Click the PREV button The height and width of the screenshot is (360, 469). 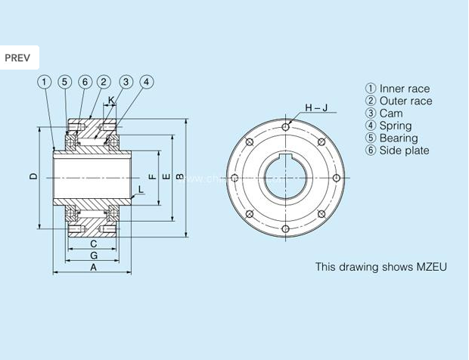[x=19, y=57]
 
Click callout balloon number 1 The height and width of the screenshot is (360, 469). [x=45, y=82]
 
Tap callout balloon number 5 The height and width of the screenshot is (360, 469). [x=64, y=82]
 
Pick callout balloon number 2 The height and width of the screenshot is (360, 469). [x=104, y=82]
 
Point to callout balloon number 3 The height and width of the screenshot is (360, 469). [x=126, y=82]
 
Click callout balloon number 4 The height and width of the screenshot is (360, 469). [x=146, y=82]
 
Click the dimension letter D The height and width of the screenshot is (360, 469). [x=33, y=176]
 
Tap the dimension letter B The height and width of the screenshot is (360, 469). [x=179, y=176]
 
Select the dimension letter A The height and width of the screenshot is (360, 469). [x=93, y=267]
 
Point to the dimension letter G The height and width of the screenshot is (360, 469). [x=93, y=256]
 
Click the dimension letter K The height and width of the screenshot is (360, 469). [x=111, y=100]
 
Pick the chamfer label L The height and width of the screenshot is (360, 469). [x=140, y=189]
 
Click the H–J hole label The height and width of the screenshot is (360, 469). [x=315, y=107]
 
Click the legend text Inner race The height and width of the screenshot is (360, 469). [x=404, y=88]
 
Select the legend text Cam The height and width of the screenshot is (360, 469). [x=390, y=113]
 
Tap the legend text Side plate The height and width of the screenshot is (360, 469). [x=404, y=151]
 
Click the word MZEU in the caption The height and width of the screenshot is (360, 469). [x=431, y=267]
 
